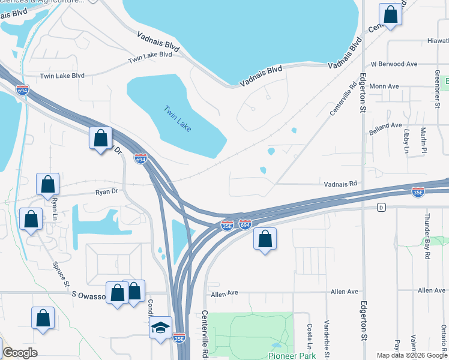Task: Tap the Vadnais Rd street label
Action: [340, 184]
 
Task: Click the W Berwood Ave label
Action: [394, 64]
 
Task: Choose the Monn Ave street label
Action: [385, 86]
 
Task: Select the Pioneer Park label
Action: [292, 355]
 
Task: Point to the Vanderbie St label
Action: [327, 333]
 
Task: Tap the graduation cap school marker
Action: [160, 328]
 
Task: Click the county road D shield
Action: [381, 208]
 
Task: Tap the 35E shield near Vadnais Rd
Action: [418, 192]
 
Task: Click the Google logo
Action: [20, 353]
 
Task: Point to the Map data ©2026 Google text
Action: [412, 355]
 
